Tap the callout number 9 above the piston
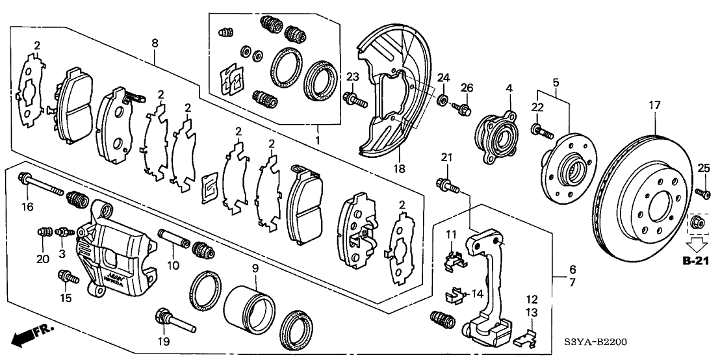pos(255,268)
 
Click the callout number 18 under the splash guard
pos(399,168)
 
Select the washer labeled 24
pos(443,100)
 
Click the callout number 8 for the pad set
pos(154,44)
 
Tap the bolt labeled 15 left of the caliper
pos(68,277)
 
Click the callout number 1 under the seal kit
pos(317,139)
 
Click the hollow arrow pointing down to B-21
pos(698,244)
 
